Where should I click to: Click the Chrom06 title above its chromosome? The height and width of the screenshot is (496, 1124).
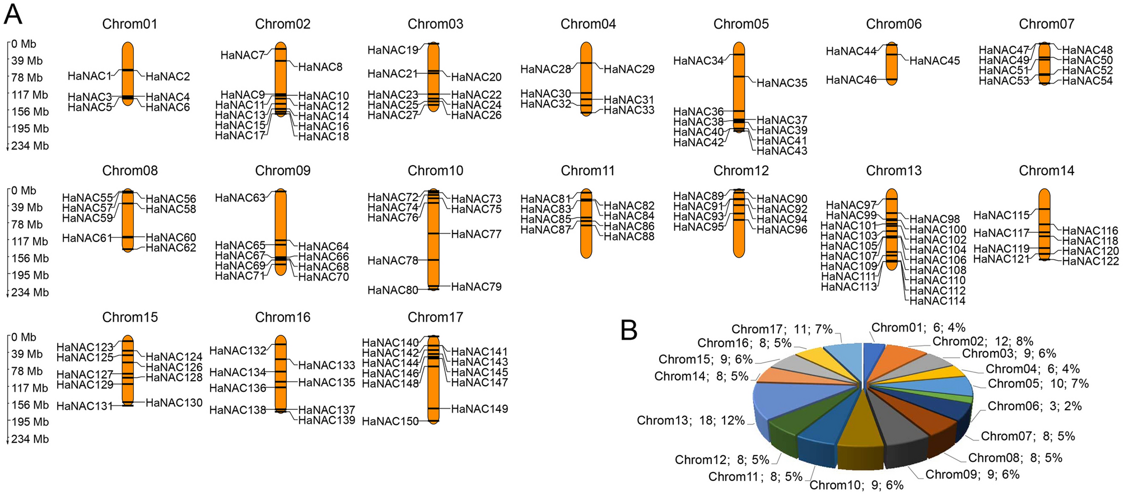(893, 24)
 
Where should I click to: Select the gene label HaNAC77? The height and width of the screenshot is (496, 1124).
(476, 234)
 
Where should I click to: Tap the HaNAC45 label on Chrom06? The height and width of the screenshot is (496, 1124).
(934, 60)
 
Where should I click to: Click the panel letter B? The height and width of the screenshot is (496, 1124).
(629, 330)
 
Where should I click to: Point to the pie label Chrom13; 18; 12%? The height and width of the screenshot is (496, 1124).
(691, 420)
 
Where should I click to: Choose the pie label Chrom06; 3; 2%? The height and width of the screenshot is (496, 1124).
(1034, 406)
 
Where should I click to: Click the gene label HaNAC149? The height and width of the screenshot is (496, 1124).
(479, 409)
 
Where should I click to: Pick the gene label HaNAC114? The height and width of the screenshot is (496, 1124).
(938, 301)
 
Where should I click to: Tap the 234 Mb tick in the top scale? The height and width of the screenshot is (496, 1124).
(30, 146)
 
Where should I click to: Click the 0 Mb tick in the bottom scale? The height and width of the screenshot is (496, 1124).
(24, 337)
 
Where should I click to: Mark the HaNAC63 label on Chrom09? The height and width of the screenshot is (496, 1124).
(240, 198)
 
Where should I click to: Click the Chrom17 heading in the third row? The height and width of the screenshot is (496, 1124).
(435, 317)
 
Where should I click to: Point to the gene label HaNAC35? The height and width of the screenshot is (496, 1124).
(782, 83)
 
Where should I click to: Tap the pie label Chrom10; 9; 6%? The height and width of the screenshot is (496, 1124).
(856, 485)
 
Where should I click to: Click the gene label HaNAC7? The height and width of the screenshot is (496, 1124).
(242, 55)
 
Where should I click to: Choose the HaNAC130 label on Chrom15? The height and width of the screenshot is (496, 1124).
(174, 403)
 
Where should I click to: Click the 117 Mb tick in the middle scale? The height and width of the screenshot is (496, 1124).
(30, 241)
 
